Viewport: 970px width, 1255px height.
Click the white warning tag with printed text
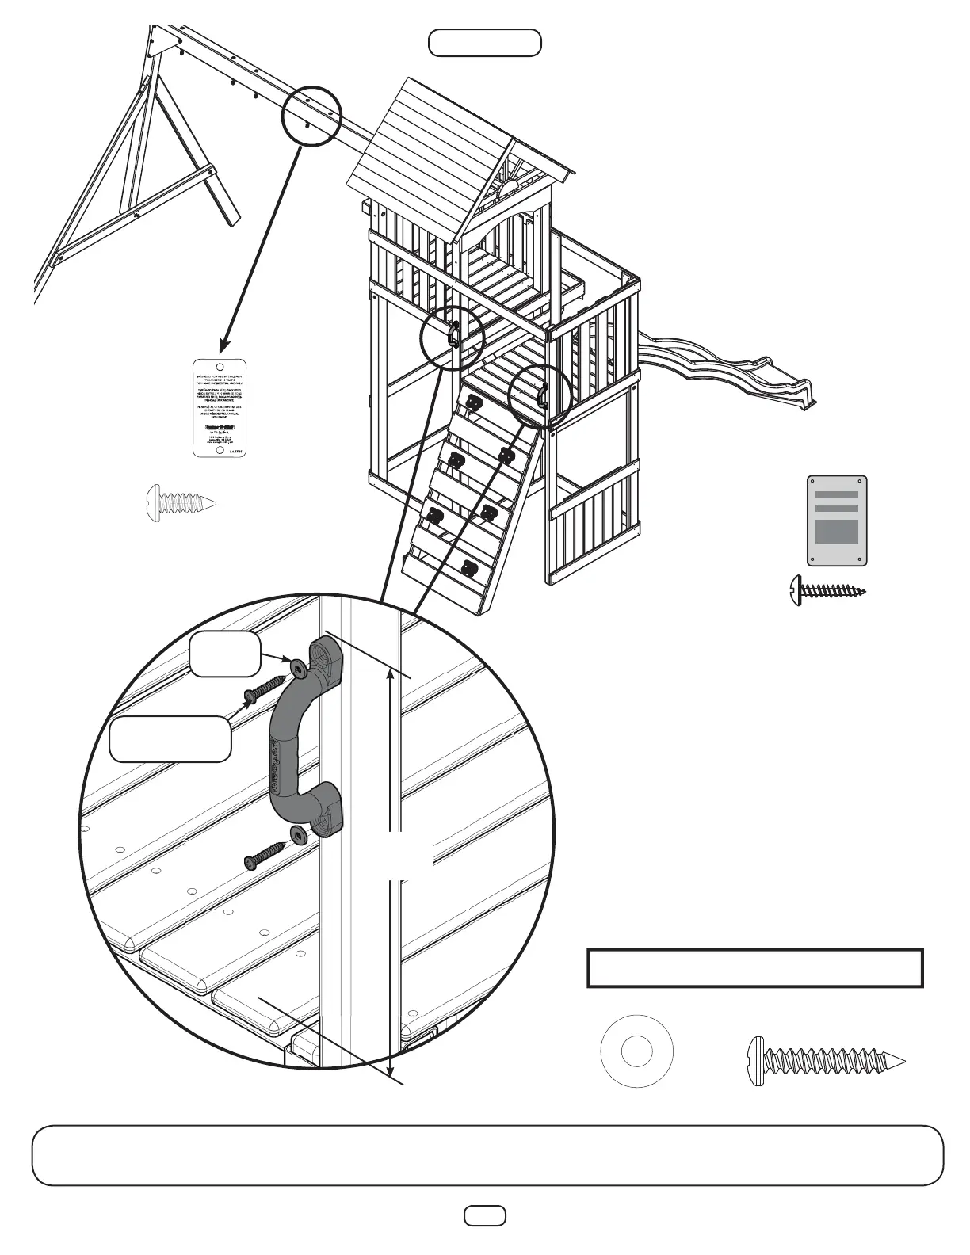(x=220, y=408)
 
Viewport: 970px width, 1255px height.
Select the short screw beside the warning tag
(x=180, y=502)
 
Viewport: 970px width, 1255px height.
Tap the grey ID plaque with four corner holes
(x=837, y=521)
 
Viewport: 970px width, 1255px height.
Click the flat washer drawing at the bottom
(x=637, y=1052)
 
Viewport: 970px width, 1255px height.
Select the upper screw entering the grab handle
(x=264, y=688)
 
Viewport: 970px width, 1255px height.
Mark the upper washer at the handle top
(x=298, y=669)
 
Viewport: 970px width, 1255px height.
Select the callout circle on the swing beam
(x=311, y=115)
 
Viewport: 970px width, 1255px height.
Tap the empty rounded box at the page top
(x=485, y=43)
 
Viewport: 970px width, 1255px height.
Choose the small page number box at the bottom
(x=485, y=1215)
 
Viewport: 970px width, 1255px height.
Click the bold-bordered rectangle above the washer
(x=755, y=967)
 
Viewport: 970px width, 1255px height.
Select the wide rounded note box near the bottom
(x=487, y=1154)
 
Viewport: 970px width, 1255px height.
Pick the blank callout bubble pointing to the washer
(x=224, y=654)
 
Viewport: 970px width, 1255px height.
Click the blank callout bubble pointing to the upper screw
(x=170, y=738)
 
